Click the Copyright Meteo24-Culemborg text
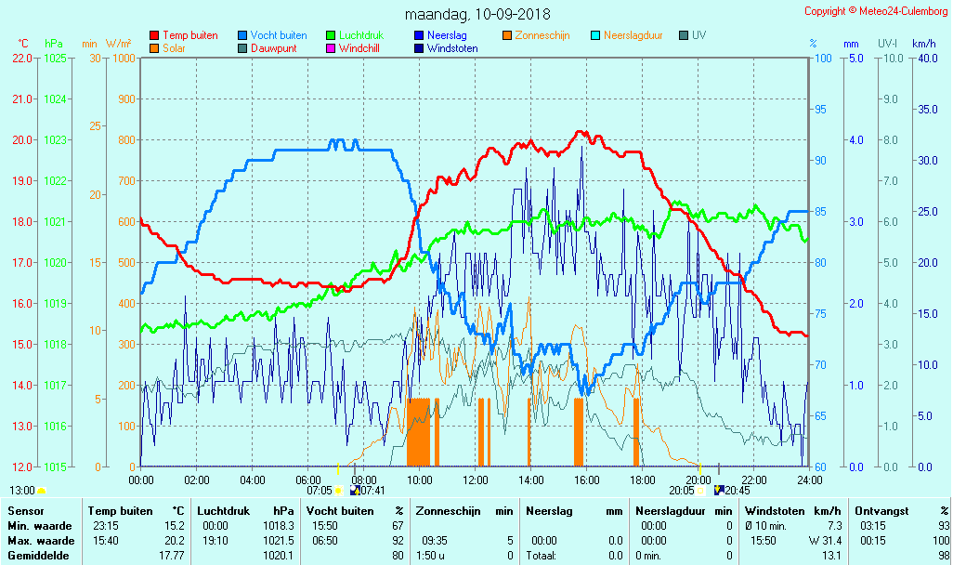[x=876, y=11]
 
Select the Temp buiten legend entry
[x=189, y=35]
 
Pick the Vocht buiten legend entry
[x=278, y=35]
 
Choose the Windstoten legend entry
[x=452, y=48]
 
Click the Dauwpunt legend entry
[x=273, y=48]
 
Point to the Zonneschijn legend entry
[x=542, y=35]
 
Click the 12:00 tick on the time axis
[x=476, y=480]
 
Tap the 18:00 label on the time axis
[x=643, y=480]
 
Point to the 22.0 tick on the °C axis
[x=22, y=58]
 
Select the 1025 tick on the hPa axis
[x=55, y=58]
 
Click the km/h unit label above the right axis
[x=923, y=44]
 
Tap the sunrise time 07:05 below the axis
[x=320, y=490]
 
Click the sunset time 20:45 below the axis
[x=738, y=490]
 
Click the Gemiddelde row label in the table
[x=37, y=556]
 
